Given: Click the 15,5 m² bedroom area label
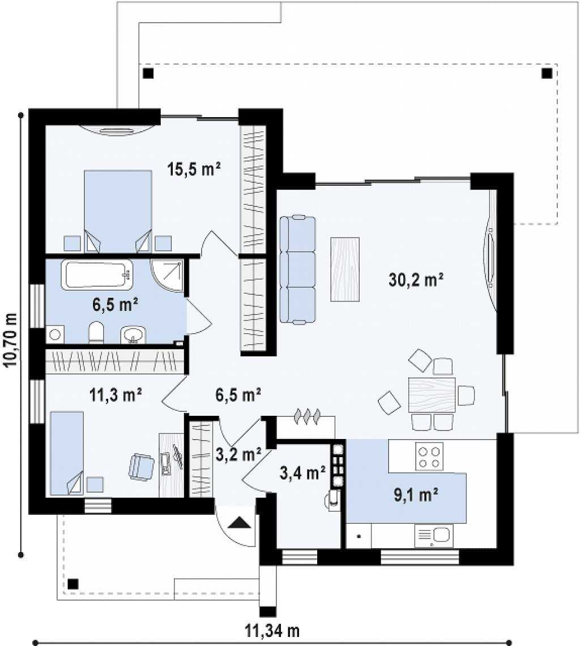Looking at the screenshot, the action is point(194,169).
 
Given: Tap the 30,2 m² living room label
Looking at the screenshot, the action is point(416,280).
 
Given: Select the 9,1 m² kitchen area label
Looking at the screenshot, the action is point(416,495).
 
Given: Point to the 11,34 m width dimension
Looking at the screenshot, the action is point(272,630).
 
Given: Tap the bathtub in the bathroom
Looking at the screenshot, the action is point(97,274).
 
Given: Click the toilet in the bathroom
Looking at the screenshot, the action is point(96,333).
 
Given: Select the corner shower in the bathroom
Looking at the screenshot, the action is point(167,275).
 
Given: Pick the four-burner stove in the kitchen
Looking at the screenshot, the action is point(429,456).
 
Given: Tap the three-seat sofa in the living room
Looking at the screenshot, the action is point(297,269).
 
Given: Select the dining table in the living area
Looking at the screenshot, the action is point(432,395).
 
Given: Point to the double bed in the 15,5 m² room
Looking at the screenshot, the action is point(118,211).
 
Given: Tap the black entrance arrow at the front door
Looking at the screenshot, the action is point(239,523).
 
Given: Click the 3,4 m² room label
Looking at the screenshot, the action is point(303,473).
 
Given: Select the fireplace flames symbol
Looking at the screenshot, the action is point(306,416).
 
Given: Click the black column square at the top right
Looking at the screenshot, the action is point(547,74).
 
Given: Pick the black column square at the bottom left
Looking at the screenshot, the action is point(73,584).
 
